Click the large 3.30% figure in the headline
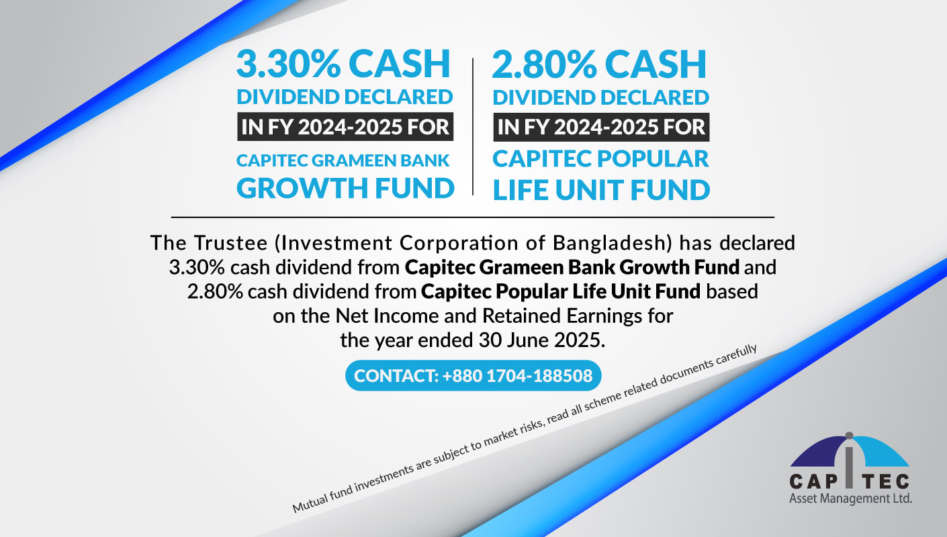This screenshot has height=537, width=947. click(288, 64)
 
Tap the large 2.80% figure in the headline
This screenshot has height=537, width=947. click(544, 64)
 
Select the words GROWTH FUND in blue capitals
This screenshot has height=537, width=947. click(345, 188)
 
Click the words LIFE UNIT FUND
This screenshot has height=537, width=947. click(601, 190)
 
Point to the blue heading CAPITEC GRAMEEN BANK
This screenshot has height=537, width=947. click(343, 160)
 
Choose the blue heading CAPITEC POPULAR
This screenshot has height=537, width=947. click(600, 159)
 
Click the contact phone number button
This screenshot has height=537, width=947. click(473, 375)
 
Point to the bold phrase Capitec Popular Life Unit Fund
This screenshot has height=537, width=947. click(561, 291)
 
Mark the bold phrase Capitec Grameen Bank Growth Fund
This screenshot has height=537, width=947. click(572, 267)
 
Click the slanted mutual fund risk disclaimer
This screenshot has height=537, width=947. click(525, 429)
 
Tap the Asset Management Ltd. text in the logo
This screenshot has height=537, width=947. click(850, 499)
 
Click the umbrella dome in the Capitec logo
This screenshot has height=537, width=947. click(850, 451)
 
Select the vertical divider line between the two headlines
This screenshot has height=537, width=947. click(473, 127)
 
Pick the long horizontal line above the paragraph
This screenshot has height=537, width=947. click(473, 217)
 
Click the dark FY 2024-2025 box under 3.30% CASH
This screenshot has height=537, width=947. click(345, 127)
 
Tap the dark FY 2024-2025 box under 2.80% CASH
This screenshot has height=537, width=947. click(601, 127)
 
